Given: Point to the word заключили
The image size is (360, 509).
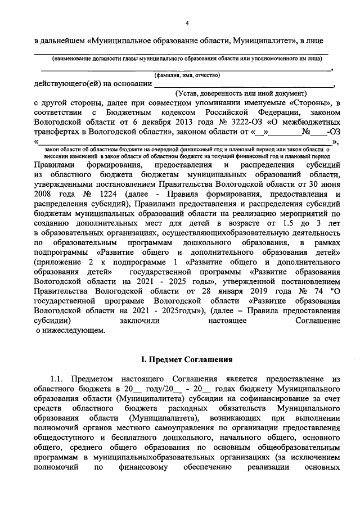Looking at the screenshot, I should (139, 320).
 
